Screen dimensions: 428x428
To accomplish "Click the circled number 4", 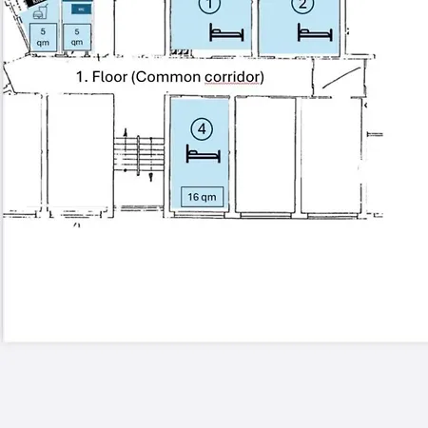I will [200, 126].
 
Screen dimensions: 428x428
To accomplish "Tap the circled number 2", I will [302, 6].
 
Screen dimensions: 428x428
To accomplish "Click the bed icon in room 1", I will [226, 32].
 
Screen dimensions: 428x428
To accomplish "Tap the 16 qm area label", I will [202, 197].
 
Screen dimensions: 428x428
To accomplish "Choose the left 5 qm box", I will [42, 37].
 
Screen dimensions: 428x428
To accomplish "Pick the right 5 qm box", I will [78, 37].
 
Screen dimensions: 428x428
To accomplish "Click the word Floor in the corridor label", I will [112, 76].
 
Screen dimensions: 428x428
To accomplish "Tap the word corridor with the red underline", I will [233, 76].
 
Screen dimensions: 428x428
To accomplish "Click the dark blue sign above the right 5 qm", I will [78, 9].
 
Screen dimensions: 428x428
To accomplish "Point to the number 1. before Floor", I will [82, 76].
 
